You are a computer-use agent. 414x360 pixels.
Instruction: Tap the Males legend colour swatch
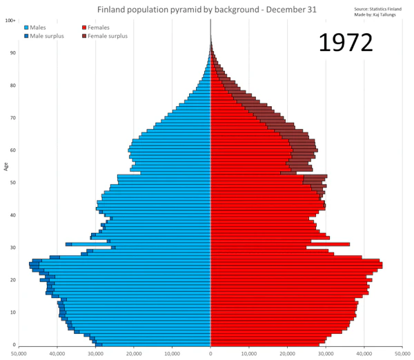click(26, 27)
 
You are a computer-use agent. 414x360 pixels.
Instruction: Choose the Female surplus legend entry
click(108, 36)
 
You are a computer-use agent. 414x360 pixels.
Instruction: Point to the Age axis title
click(6, 166)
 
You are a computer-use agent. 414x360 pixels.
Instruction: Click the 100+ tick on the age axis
click(11, 21)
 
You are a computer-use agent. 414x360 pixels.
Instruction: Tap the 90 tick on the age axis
click(12, 53)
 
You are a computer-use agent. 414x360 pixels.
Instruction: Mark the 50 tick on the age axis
click(12, 183)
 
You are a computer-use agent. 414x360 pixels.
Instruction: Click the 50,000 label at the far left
click(19, 352)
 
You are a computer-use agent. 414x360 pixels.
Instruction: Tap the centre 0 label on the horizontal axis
click(210, 352)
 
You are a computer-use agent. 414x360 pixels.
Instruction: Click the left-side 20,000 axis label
click(134, 352)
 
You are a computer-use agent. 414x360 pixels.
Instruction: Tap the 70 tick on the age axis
click(12, 118)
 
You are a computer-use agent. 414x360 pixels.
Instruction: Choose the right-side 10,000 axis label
click(248, 352)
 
